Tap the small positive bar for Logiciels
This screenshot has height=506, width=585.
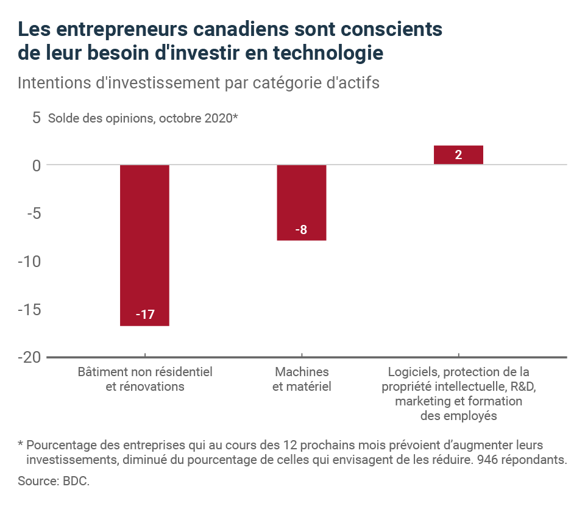tap(458, 155)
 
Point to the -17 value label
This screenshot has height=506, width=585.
tap(145, 315)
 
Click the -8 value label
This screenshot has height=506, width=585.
tap(301, 230)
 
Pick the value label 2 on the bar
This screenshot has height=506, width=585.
tap(458, 155)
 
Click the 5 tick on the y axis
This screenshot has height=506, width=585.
tap(36, 118)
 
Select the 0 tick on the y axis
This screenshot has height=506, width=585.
tap(36, 165)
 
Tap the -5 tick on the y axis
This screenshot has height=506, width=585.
tap(32, 213)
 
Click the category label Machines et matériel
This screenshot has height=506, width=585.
tap(302, 379)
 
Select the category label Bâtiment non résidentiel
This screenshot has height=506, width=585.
tap(145, 372)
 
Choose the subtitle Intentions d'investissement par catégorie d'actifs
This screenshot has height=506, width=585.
tap(199, 83)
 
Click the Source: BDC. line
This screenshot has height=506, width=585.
tap(54, 482)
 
